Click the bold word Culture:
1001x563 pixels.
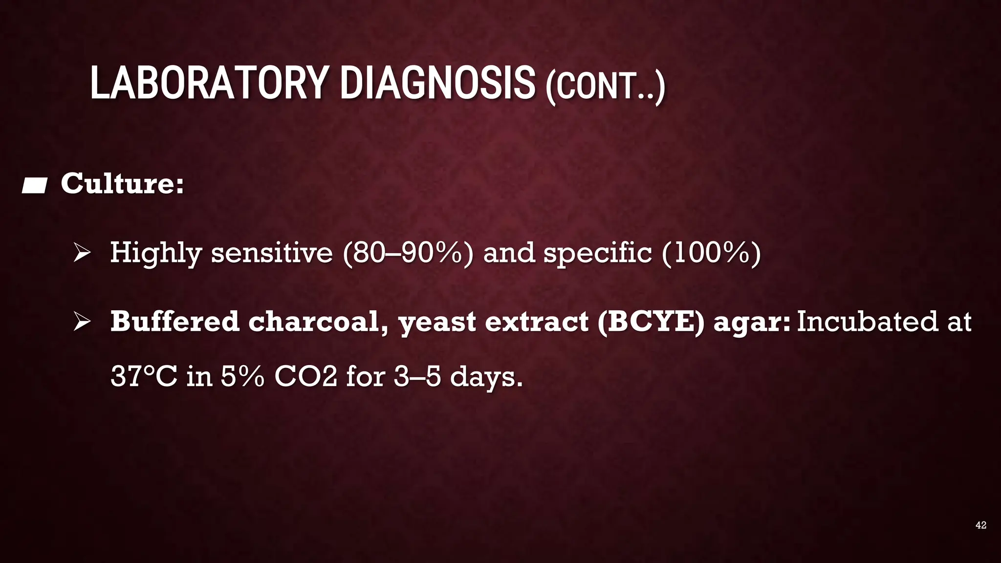pos(122,184)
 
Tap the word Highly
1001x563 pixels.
pos(155,253)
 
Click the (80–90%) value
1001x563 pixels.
pos(408,253)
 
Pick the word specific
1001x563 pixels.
pos(598,253)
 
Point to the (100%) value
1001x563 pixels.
pos(711,253)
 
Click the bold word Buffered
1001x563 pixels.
pos(174,322)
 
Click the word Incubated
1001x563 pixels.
pos(867,322)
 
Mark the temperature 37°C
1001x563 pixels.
pos(144,377)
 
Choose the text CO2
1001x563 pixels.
pos(305,377)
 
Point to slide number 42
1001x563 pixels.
pos(980,525)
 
